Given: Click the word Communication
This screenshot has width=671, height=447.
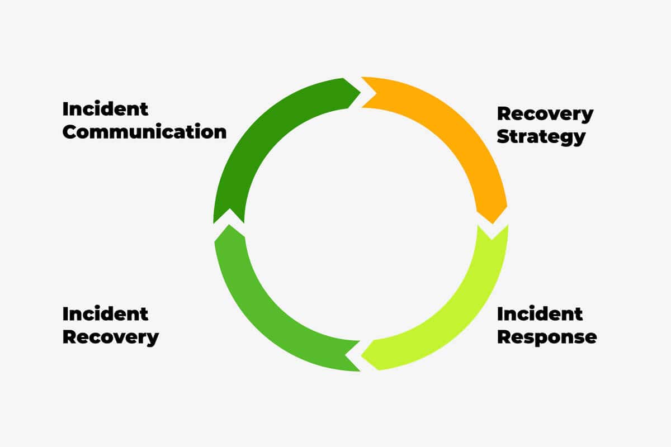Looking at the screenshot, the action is tap(144, 132).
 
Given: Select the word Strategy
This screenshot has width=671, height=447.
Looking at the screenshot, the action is tap(541, 137).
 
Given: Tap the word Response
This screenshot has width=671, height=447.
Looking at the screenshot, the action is tap(547, 337).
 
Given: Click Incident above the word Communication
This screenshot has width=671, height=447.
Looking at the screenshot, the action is tap(105, 109).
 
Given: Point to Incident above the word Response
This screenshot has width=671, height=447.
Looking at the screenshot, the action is tap(540, 314).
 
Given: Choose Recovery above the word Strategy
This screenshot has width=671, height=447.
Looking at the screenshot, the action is tap(545, 114).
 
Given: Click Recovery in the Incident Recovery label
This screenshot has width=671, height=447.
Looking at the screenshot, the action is tap(111, 337).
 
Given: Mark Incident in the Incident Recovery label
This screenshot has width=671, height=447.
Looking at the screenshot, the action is tap(105, 314).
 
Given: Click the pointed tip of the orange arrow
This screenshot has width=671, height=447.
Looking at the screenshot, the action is tap(493, 223).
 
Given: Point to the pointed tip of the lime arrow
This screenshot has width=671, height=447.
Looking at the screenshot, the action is tap(361, 356).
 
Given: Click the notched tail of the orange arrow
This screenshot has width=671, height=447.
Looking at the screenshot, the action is tap(376, 93).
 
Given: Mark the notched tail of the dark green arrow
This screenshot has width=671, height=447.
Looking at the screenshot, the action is tap(230, 209).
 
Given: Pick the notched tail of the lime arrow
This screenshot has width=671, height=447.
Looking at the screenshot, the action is tap(492, 239).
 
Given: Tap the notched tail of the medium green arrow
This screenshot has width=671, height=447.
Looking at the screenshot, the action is tap(346, 355).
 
